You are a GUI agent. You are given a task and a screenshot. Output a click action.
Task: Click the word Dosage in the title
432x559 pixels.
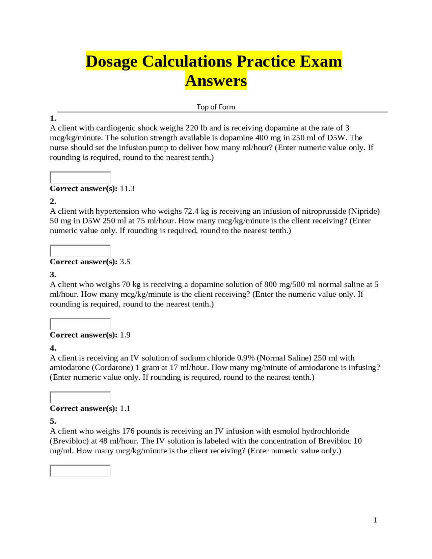pos(111,61)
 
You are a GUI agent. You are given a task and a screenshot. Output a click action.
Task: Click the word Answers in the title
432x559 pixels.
pos(216,81)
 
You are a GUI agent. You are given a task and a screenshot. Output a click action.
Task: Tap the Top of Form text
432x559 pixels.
pos(216,107)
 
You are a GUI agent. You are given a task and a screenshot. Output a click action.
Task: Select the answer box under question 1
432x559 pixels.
pos(80,177)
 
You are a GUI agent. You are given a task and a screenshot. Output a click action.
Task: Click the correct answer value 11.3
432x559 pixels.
pos(127,189)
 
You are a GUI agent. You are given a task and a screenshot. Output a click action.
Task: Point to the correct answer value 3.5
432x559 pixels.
pos(125,262)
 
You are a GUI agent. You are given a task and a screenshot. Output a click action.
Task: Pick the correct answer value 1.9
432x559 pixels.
pos(125,335)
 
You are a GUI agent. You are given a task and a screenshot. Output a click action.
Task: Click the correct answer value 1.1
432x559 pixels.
pos(125,408)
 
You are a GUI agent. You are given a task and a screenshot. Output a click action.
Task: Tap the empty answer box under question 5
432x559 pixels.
pos(80,471)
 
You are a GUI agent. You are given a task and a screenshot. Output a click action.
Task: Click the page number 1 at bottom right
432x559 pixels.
pos(375,520)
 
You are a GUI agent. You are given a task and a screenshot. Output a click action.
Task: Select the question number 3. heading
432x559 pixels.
pos(53,274)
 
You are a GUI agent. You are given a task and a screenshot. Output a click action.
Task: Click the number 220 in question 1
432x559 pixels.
pos(192,128)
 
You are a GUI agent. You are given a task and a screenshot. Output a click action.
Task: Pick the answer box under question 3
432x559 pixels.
pos(80,324)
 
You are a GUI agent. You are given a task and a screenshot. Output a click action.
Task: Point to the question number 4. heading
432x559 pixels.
pos(53,348)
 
